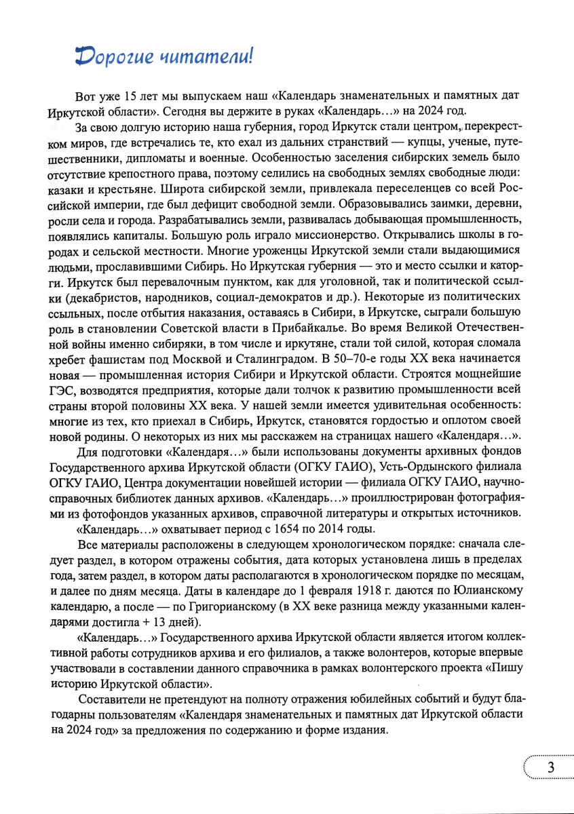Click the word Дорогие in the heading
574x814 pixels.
(x=114, y=57)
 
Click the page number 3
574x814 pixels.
(x=550, y=768)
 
